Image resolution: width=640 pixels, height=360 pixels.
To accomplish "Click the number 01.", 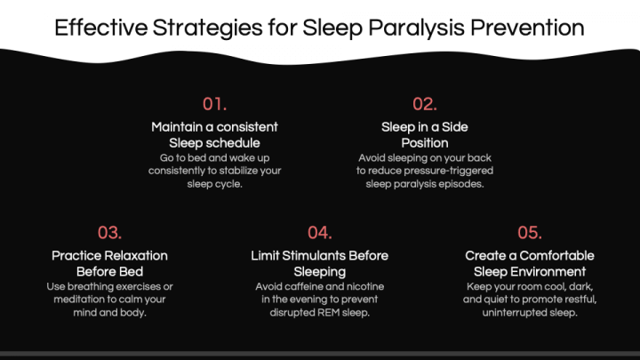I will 214,104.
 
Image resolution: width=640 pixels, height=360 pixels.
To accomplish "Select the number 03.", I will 109,233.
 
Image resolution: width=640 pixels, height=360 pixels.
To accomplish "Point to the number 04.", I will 319,233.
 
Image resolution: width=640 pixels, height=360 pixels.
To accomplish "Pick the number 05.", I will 530,233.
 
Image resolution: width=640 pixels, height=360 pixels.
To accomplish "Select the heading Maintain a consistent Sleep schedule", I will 214,134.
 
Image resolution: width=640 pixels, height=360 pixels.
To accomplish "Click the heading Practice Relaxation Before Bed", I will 109,263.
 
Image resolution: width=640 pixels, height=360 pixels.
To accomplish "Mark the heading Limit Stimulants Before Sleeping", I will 319,263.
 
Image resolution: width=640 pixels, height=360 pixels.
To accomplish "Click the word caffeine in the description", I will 308,287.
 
